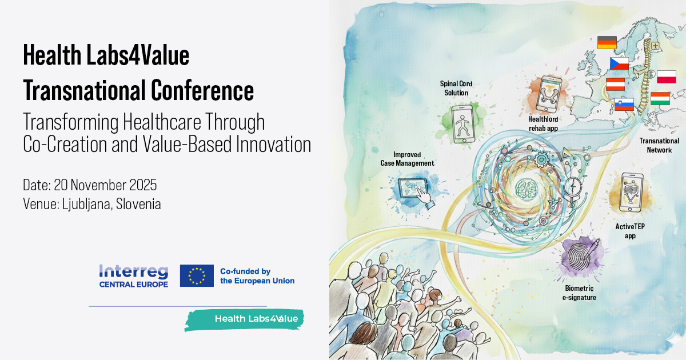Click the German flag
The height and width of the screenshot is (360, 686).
click(607, 42)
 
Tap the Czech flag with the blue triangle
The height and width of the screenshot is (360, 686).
click(619, 63)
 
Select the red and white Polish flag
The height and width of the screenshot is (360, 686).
click(667, 77)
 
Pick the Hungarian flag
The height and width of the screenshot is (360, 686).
click(660, 98)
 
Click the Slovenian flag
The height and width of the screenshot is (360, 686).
click(624, 105)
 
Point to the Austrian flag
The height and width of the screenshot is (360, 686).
click(615, 85)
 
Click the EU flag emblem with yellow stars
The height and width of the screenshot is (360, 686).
click(197, 276)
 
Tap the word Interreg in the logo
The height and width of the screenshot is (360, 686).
click(134, 272)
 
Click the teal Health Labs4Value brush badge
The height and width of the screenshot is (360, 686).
click(245, 319)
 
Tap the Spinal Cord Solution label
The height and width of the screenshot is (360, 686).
click(456, 88)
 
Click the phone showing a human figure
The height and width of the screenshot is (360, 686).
click(463, 124)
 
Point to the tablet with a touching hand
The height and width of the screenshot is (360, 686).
click(415, 191)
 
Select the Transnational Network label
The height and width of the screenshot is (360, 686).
click(659, 145)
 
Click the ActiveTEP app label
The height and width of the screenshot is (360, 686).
click(630, 231)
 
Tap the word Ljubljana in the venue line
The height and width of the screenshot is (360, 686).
click(86, 204)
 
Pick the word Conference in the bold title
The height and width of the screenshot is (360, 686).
click(202, 90)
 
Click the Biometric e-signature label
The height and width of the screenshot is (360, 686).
click(579, 293)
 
